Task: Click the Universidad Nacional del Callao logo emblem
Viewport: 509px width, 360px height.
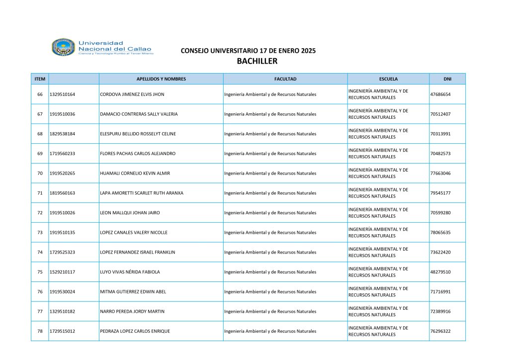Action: click(x=64, y=47)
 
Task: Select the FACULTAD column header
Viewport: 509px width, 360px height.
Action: click(x=285, y=79)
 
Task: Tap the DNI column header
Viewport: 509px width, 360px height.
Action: click(x=447, y=79)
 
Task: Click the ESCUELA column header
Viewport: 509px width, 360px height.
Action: click(x=388, y=79)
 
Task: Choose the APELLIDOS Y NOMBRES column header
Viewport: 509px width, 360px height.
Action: click(x=161, y=79)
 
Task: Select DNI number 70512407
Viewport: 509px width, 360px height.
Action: click(x=440, y=114)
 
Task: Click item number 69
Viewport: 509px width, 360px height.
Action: click(x=40, y=154)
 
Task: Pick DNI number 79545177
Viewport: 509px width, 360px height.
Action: click(x=440, y=193)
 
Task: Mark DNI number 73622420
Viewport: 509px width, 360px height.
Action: click(x=440, y=252)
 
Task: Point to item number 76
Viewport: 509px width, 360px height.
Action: click(x=40, y=292)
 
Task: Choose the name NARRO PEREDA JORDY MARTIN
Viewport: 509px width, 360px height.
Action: click(x=132, y=311)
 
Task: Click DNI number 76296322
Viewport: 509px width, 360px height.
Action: click(x=440, y=331)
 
